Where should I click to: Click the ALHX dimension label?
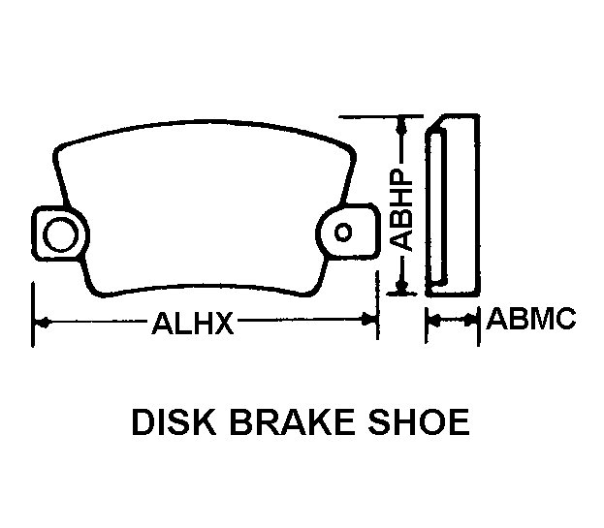click(193, 323)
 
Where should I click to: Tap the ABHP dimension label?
click(400, 210)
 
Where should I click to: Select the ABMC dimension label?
click(531, 319)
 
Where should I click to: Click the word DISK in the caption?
click(174, 422)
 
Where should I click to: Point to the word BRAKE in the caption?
click(292, 422)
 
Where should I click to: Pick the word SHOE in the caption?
click(419, 422)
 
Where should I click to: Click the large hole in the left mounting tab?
click(60, 234)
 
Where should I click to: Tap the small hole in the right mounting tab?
click(343, 233)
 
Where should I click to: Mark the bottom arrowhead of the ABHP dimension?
click(402, 286)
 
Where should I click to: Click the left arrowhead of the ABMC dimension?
click(434, 320)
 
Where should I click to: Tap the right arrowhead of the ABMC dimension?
click(471, 320)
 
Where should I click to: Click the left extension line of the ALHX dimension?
click(34, 315)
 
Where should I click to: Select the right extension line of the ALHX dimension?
click(377, 305)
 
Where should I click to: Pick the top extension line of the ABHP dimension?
click(381, 116)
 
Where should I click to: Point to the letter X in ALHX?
click(223, 323)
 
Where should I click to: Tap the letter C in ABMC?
click(565, 319)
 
